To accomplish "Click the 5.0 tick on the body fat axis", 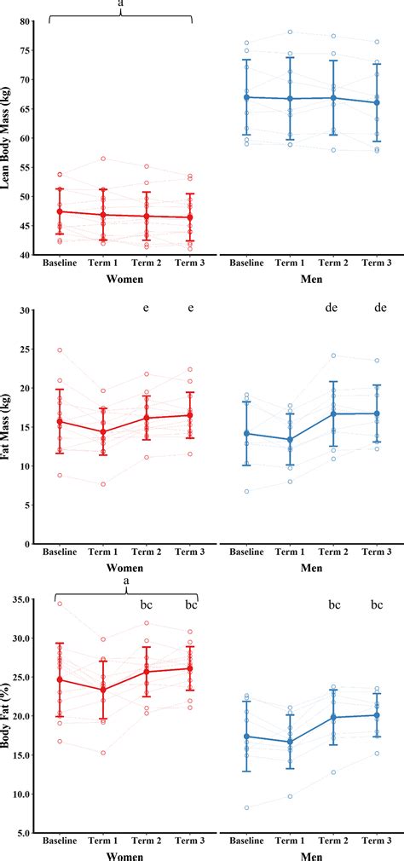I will click(x=22, y=833).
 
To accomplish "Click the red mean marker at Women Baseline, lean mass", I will click(x=60, y=211).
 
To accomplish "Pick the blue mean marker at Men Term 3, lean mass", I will click(x=377, y=103).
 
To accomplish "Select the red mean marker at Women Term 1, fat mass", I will click(x=103, y=432).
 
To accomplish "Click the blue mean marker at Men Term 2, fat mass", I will click(x=333, y=413).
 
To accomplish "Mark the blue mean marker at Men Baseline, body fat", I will click(x=246, y=737).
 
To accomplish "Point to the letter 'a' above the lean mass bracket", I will click(x=120, y=4).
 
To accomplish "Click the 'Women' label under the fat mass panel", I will click(x=124, y=568).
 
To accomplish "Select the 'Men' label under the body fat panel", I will click(x=311, y=855).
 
